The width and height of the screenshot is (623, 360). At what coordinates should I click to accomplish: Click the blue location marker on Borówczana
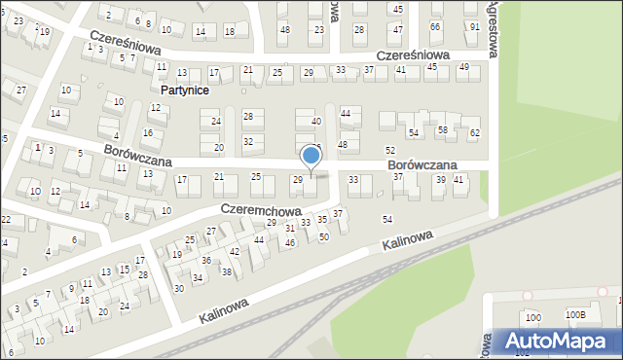[x=311, y=156]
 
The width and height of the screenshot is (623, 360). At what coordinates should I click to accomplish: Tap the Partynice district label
[x=183, y=90]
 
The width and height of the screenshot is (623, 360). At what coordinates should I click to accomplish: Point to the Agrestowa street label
[x=491, y=29]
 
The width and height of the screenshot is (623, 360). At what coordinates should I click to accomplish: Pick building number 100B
[x=576, y=315]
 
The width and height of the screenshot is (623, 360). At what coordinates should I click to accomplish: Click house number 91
[x=474, y=26]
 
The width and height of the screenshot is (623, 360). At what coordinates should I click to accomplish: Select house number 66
[x=435, y=26]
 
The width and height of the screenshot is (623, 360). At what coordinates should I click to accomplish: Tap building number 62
[x=475, y=132]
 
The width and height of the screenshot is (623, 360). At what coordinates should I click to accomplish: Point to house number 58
[x=442, y=129]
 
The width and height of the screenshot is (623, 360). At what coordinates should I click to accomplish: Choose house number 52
[x=389, y=150]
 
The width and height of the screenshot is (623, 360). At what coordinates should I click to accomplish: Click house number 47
[x=397, y=29]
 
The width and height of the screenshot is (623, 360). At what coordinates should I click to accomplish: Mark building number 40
[x=315, y=122]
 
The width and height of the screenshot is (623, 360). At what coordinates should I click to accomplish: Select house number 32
[x=248, y=141]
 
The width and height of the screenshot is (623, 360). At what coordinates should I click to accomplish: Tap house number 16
[x=148, y=132]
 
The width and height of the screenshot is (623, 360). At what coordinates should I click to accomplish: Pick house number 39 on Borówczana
[x=440, y=180]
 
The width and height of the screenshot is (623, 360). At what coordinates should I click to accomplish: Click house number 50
[x=324, y=236]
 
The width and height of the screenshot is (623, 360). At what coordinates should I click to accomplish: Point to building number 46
[x=290, y=242]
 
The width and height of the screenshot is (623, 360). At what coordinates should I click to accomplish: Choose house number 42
[x=235, y=251]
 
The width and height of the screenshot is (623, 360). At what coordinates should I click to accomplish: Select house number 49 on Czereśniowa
[x=463, y=66]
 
